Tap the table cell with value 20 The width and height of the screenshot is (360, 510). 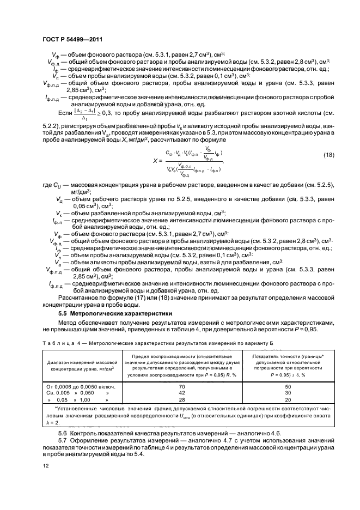[x=288, y=399]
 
